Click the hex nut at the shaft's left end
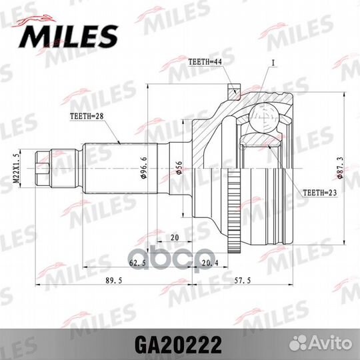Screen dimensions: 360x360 click(x=43, y=168)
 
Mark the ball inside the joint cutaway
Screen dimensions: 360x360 click(x=266, y=119)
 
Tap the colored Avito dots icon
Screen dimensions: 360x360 click(x=307, y=346)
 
